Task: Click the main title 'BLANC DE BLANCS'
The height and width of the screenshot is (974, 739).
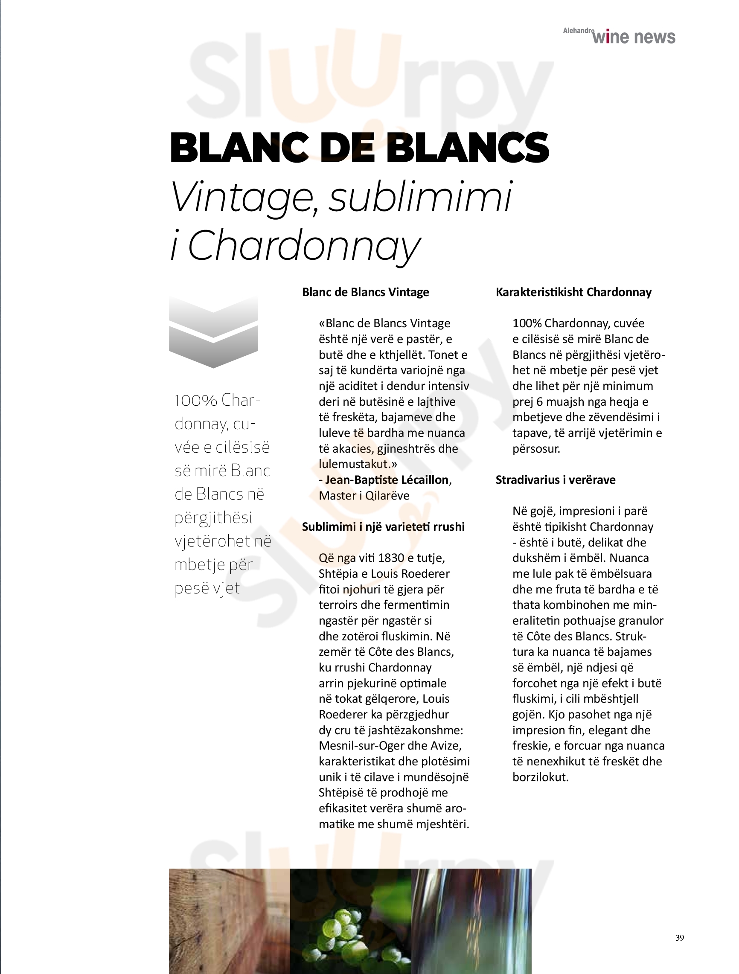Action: click(x=359, y=147)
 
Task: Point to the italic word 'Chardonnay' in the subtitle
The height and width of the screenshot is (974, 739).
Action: click(x=304, y=246)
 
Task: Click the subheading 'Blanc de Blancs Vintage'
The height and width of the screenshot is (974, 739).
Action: click(x=365, y=292)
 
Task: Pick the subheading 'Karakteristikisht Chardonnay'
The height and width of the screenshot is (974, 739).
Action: click(x=573, y=292)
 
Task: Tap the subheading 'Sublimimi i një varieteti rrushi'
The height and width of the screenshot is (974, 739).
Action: click(x=383, y=526)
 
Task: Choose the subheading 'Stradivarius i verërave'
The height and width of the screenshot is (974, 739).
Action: click(x=556, y=480)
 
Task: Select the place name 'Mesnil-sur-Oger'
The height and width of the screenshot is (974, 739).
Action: click(x=358, y=745)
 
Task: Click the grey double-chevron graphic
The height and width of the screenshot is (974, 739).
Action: click(x=213, y=332)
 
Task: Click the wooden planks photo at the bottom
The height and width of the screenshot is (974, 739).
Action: click(x=229, y=920)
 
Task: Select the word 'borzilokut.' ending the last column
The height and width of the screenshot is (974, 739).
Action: click(x=540, y=777)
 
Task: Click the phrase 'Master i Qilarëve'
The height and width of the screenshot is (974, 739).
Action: click(x=364, y=495)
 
